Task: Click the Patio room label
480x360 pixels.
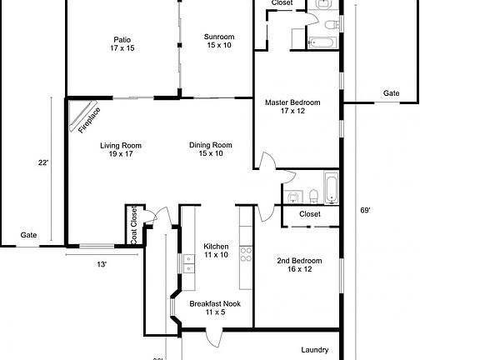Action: (122, 44)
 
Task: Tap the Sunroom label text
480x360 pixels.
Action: (219, 41)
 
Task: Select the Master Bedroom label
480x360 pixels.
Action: (292, 107)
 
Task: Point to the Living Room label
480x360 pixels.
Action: (121, 150)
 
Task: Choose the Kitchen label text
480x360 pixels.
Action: (216, 251)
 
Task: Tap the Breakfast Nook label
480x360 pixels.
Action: (215, 308)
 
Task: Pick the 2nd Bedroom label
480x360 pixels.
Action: (299, 265)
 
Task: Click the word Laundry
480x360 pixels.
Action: (314, 350)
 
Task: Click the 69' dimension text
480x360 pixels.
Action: (365, 211)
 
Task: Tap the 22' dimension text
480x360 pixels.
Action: (43, 162)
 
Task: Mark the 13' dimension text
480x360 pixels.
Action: (101, 264)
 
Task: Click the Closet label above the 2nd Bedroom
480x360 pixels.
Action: (309, 214)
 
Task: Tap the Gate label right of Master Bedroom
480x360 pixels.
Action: (391, 92)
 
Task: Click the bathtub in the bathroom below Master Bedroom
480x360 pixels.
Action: (331, 187)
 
